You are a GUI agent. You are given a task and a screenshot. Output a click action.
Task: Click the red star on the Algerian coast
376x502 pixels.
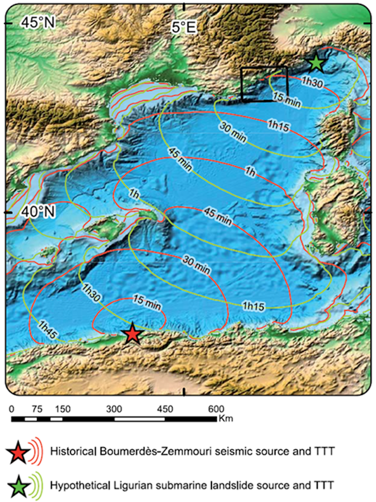[x=132, y=333]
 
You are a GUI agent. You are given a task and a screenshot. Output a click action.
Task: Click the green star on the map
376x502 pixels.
[x=316, y=63]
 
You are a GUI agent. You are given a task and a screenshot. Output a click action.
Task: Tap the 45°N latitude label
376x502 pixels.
[x=37, y=22]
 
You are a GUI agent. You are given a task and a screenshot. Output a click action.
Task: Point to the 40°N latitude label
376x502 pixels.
[x=37, y=212]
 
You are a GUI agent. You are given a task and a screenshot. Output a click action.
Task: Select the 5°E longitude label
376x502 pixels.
[x=184, y=27]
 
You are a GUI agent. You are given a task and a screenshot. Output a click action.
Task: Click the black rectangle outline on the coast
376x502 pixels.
[x=264, y=68]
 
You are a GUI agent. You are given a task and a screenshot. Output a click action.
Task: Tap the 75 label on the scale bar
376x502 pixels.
[x=37, y=409]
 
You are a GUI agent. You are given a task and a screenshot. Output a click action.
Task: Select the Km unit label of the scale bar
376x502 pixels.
[x=225, y=419]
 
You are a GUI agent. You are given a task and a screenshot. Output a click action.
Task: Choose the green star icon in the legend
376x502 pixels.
[x=18, y=483]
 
